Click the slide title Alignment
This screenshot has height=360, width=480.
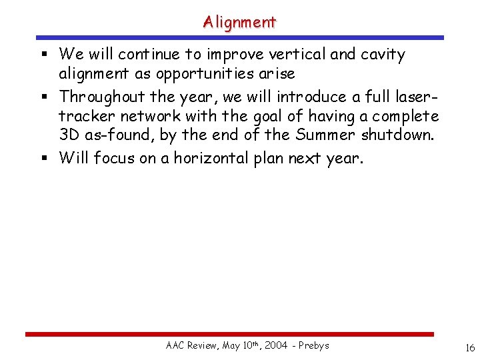coord(239,22)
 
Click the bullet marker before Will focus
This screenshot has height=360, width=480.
coord(45,159)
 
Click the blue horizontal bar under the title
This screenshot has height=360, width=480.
coord(239,38)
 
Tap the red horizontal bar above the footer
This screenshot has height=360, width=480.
coord(229,334)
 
